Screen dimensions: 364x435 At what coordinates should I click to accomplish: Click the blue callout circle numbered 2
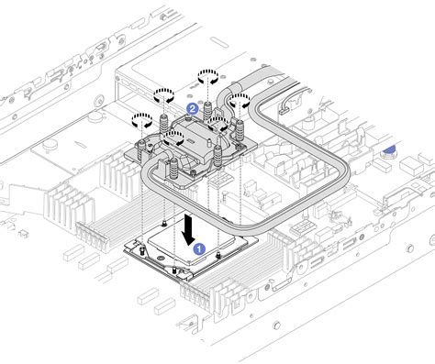(x=193, y=108)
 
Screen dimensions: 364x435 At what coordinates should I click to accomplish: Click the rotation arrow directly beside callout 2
(x=164, y=94)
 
